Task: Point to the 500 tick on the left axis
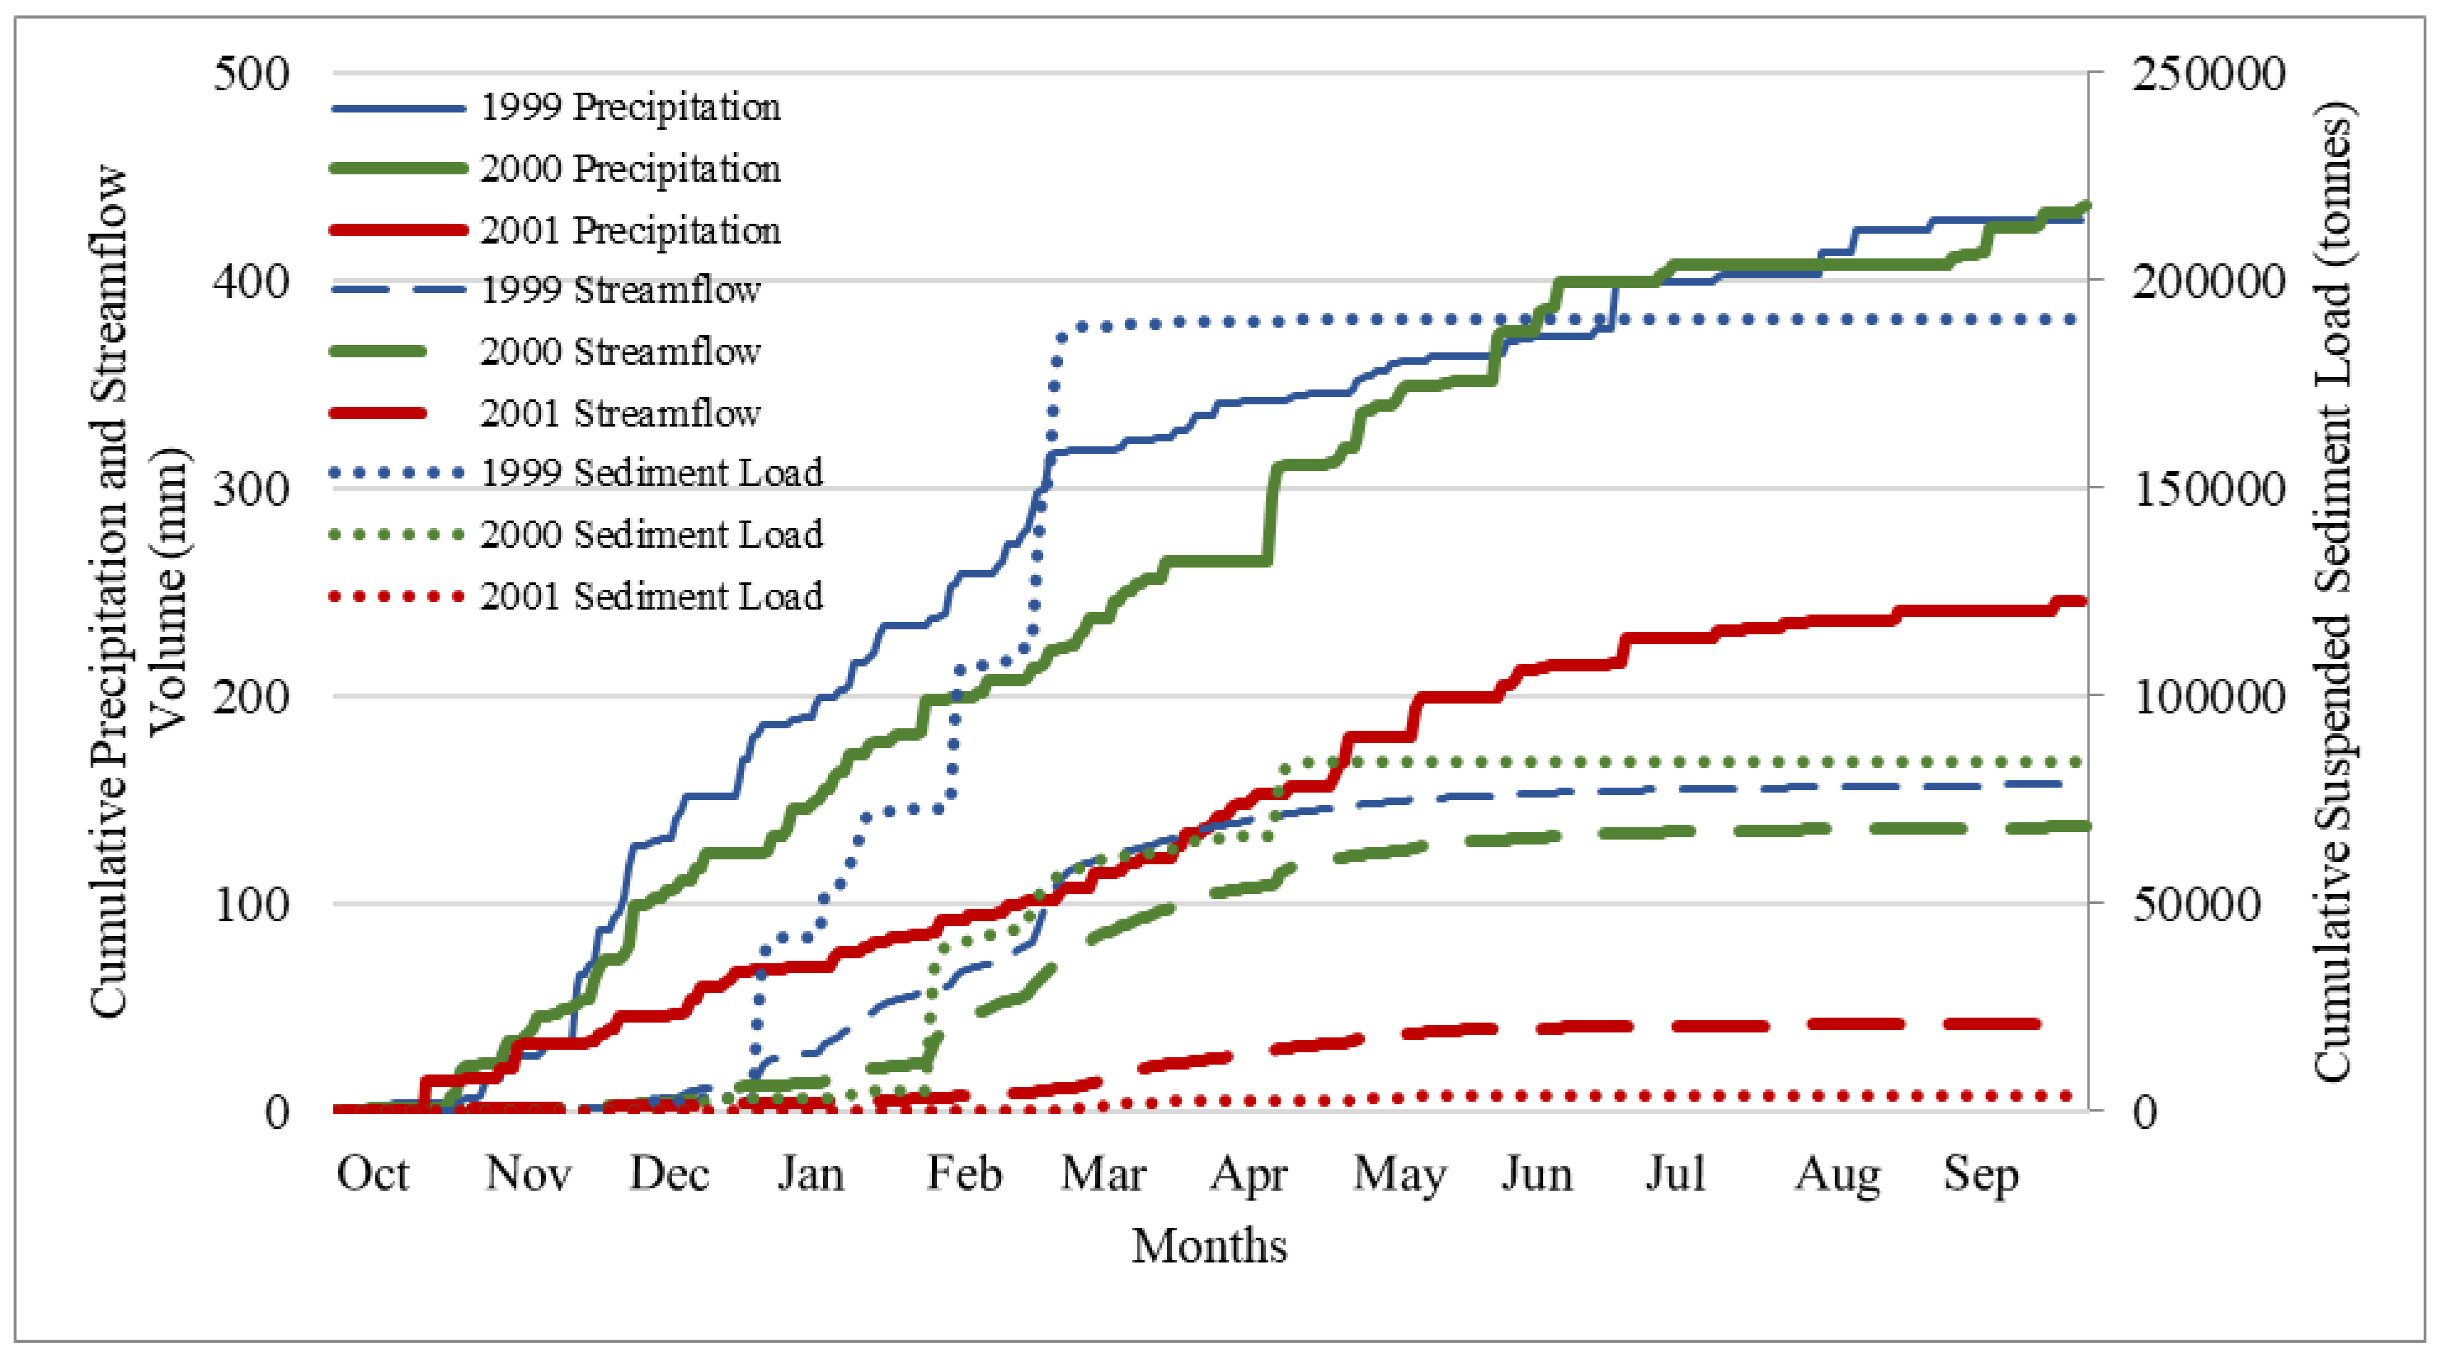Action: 250,74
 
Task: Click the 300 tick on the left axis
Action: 250,490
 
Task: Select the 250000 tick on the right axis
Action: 2208,74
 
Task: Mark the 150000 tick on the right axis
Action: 2208,490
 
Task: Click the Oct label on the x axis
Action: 372,1175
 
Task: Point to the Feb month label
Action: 963,1175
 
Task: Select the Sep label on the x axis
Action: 1980,1175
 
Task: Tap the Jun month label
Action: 1536,1175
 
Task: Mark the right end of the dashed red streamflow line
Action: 2037,1024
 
